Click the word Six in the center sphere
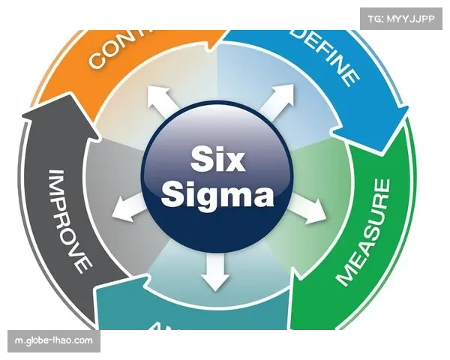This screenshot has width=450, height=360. coord(216,159)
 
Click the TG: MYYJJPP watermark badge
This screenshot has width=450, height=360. coord(401,16)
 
